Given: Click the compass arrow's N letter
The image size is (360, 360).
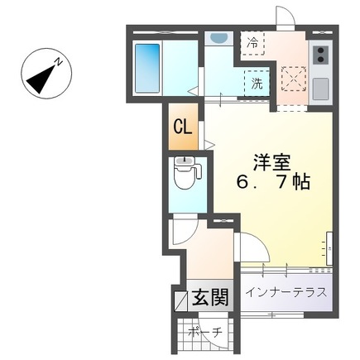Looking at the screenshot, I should pos(58,60).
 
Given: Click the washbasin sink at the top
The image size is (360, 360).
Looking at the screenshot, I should pos(218,37).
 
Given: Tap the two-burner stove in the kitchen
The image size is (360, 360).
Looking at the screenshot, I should pos(319,55).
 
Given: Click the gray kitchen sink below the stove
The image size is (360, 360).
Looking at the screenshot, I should pos(319,87).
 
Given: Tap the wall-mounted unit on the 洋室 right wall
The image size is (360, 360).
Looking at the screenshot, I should pos(329,247).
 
